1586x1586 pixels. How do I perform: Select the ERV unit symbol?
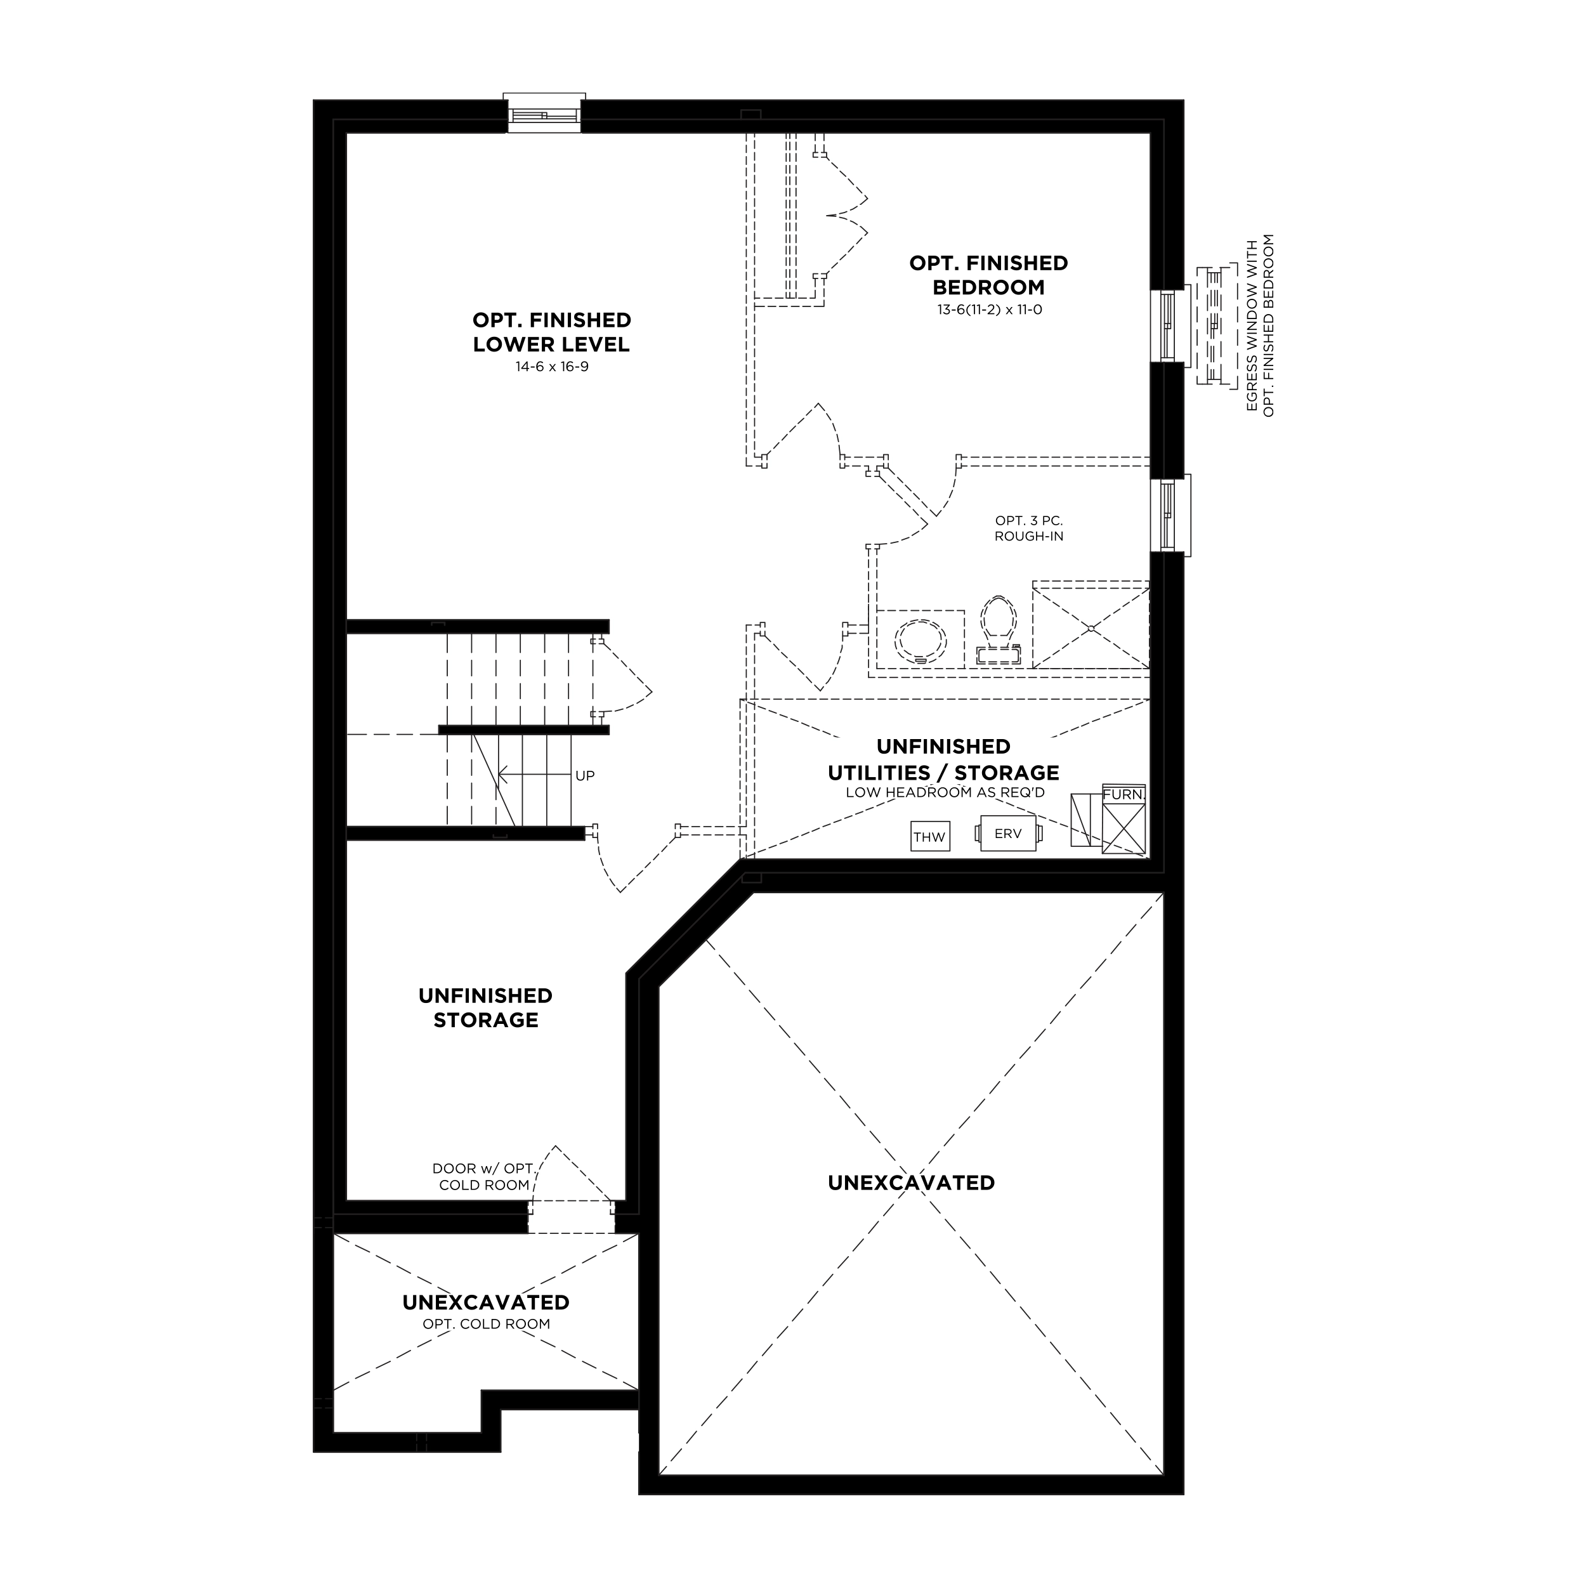[x=1008, y=833]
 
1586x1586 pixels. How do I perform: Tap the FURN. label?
[x=1124, y=795]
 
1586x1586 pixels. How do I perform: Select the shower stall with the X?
[x=1090, y=627]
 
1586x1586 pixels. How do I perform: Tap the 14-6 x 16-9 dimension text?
[x=552, y=367]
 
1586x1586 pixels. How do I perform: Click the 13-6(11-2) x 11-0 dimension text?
[x=989, y=310]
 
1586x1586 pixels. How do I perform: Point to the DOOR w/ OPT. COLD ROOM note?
[x=484, y=1176]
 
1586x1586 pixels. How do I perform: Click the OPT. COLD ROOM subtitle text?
[x=486, y=1324]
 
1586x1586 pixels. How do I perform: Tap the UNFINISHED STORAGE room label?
[x=485, y=1007]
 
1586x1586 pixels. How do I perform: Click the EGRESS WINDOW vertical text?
[x=1260, y=326]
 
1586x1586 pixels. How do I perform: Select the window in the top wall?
[x=544, y=112]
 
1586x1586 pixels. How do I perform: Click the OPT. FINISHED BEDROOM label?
[x=988, y=275]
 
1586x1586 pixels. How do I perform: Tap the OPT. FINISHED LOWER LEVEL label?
[x=552, y=332]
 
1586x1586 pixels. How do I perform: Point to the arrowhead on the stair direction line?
[x=504, y=774]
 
